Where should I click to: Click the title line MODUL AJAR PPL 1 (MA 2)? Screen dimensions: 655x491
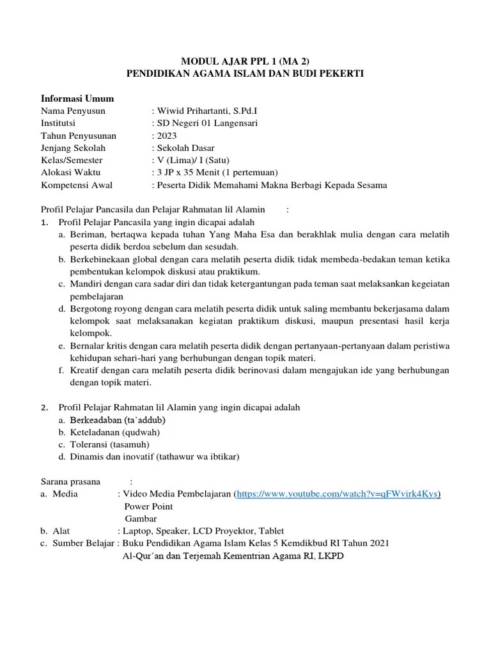pyautogui.click(x=245, y=61)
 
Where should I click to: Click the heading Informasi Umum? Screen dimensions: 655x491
pyautogui.click(x=77, y=99)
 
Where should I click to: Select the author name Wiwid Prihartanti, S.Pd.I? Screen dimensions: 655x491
pyautogui.click(x=203, y=111)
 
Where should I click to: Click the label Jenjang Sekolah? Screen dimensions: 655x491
pyautogui.click(x=74, y=148)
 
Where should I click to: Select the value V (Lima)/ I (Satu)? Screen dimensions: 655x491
pyautogui.click(x=193, y=161)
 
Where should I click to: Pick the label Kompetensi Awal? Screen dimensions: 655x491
pyautogui.click(x=77, y=185)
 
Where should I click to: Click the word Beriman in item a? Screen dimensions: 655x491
pyautogui.click(x=87, y=235)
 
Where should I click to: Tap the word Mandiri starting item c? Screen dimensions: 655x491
pyautogui.click(x=86, y=284)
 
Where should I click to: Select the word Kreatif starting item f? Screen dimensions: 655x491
pyautogui.click(x=86, y=370)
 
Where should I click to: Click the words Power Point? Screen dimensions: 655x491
pyautogui.click(x=149, y=506)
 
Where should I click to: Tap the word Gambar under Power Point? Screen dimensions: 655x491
pyautogui.click(x=141, y=519)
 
